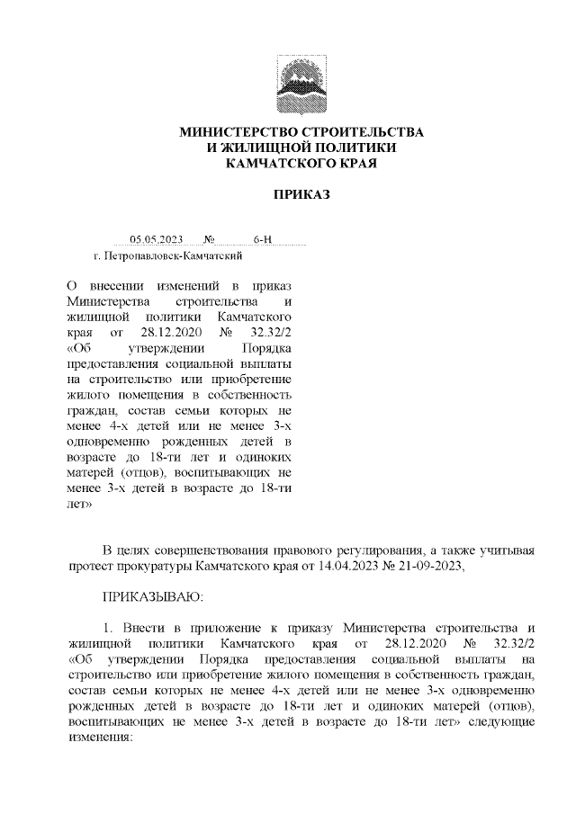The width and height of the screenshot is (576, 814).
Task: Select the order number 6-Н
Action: point(263,240)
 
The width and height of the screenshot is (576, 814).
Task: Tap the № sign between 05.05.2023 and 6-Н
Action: point(209,240)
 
